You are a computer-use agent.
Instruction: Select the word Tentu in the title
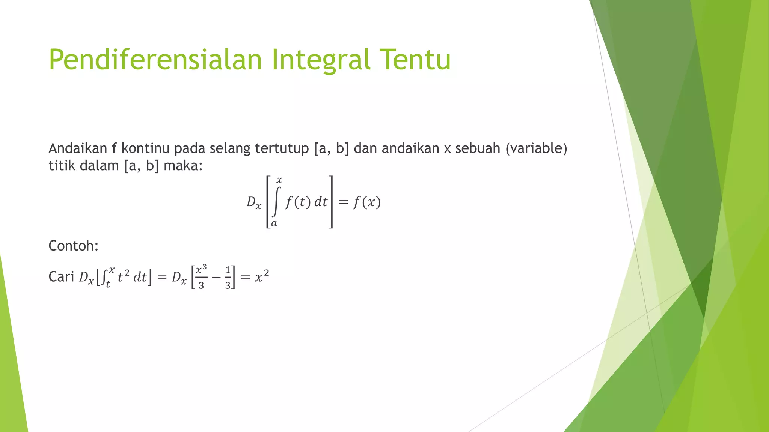[x=415, y=60]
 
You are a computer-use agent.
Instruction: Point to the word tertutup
[x=282, y=149]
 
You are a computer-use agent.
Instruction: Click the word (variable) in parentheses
[x=536, y=149]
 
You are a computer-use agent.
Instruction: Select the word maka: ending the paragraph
[x=183, y=166]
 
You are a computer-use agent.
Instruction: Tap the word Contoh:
[x=74, y=246]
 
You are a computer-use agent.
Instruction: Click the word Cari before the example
[x=61, y=277]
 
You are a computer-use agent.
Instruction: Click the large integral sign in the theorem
[x=276, y=202]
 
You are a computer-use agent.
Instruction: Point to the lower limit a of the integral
[x=274, y=224]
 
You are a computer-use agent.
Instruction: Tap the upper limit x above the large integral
[x=279, y=181]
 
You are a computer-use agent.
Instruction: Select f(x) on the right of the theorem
[x=367, y=202]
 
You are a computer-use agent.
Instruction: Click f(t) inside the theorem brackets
[x=298, y=202]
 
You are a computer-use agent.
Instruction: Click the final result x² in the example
[x=262, y=277]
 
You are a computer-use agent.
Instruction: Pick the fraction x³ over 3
[x=201, y=277]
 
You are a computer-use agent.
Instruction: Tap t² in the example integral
[x=124, y=277]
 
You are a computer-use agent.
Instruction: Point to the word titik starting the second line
[x=62, y=166]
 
